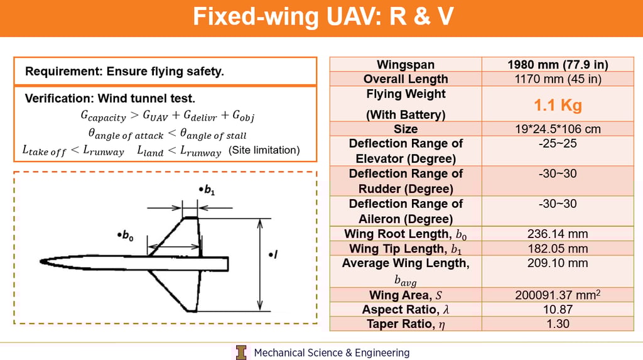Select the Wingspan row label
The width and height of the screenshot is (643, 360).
pos(405,65)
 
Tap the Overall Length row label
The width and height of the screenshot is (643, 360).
pos(405,79)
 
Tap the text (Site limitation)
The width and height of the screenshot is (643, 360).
pos(264,151)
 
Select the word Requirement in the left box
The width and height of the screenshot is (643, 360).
pos(57,72)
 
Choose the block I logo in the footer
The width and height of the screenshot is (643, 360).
pos(242,352)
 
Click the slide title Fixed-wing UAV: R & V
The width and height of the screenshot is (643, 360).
pos(321,17)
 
